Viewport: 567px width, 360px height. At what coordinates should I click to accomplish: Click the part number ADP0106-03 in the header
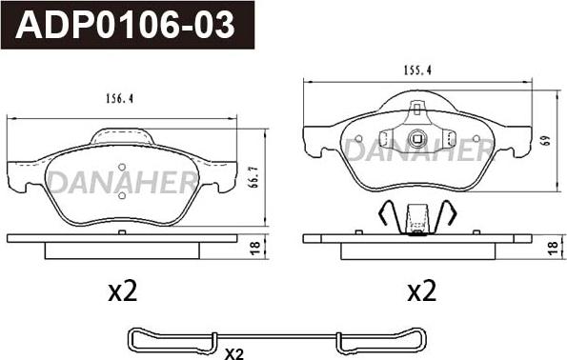pos(125,25)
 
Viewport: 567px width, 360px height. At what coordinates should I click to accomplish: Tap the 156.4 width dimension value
pos(120,98)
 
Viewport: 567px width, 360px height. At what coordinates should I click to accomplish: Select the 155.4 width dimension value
pos(417,70)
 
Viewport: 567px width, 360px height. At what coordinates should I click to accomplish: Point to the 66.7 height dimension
pos(254,177)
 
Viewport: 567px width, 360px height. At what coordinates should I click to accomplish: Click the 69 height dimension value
pos(546,140)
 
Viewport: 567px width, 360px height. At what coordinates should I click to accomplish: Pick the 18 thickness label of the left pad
pos(255,248)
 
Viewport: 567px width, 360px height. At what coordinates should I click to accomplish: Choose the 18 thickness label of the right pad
pos(553,248)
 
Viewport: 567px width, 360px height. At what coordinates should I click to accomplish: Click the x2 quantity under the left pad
pos(123,291)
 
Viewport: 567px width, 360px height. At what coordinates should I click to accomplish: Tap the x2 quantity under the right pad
pos(422,291)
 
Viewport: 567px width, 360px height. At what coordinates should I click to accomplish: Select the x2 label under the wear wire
pos(234,354)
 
